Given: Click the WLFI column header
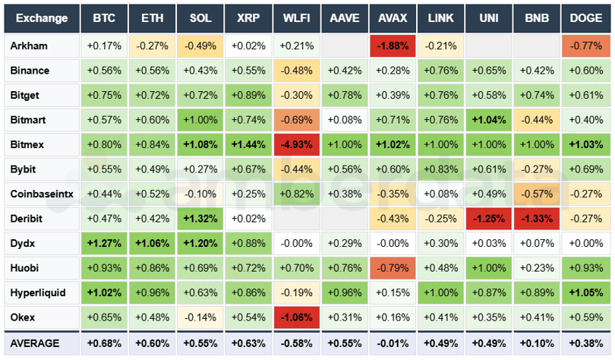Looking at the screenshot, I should point(297,18).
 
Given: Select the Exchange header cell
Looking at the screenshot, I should point(42,18).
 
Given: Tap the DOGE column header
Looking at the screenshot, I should point(585,18).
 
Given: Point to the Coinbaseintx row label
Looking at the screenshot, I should point(42,194).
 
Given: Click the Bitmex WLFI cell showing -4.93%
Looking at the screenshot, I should point(297,144).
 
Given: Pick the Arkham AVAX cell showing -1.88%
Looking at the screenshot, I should point(393,46).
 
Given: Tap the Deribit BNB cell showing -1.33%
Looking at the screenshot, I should point(537,219).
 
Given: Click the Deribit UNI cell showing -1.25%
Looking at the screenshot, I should point(489,219).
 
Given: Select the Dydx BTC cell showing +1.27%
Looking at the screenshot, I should point(105,243).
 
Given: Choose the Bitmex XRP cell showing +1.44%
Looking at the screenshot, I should point(249,144).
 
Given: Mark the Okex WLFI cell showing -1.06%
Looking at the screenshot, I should point(297,317).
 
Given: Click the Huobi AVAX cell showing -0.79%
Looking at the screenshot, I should point(393,268).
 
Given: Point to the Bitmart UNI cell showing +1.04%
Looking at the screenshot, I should point(489,120).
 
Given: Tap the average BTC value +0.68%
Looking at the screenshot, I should point(105,343).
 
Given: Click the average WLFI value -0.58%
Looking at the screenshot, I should point(297,343).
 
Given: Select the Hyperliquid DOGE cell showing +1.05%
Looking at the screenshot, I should point(585,292).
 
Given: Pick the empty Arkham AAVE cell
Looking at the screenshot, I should point(345,46).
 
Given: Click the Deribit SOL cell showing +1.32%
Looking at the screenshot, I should point(201,219).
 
